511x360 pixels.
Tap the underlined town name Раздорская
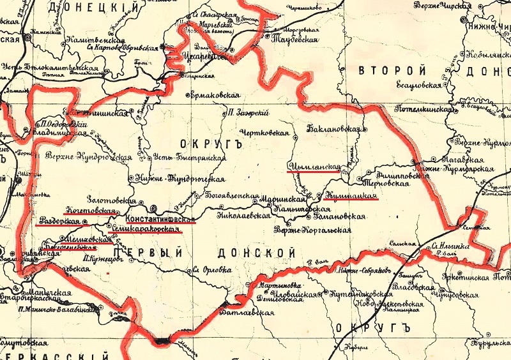pos(59,220)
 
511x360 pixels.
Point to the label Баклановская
pos(334,129)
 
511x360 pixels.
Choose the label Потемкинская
pos(426,110)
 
